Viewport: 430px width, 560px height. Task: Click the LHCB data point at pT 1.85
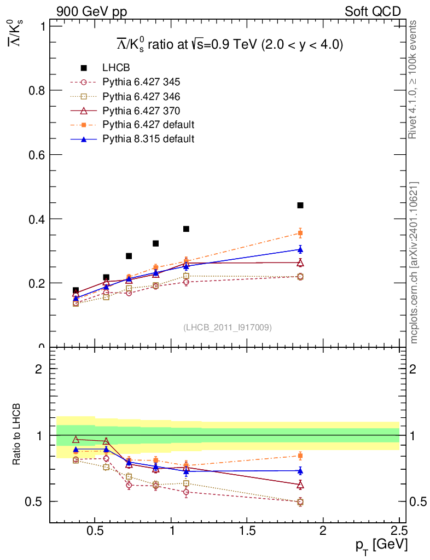click(x=300, y=206)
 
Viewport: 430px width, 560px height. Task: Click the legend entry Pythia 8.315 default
click(x=148, y=139)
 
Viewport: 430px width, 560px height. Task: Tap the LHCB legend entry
click(x=116, y=68)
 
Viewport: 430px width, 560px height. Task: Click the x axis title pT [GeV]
click(x=382, y=546)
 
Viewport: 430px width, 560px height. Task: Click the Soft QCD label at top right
click(x=373, y=11)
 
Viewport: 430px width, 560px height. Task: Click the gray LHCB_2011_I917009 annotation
click(x=227, y=327)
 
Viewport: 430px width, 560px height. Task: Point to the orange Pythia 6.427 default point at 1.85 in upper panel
click(x=300, y=233)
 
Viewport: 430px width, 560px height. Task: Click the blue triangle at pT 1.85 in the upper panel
click(x=300, y=249)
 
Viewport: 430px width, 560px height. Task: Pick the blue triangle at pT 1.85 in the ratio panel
click(x=300, y=470)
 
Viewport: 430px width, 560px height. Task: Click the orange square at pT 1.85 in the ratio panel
click(x=300, y=456)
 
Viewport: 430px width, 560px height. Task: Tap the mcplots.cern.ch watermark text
click(x=414, y=262)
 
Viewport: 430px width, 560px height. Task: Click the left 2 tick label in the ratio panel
click(x=38, y=369)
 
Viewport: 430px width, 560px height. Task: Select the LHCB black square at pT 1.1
click(x=186, y=229)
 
